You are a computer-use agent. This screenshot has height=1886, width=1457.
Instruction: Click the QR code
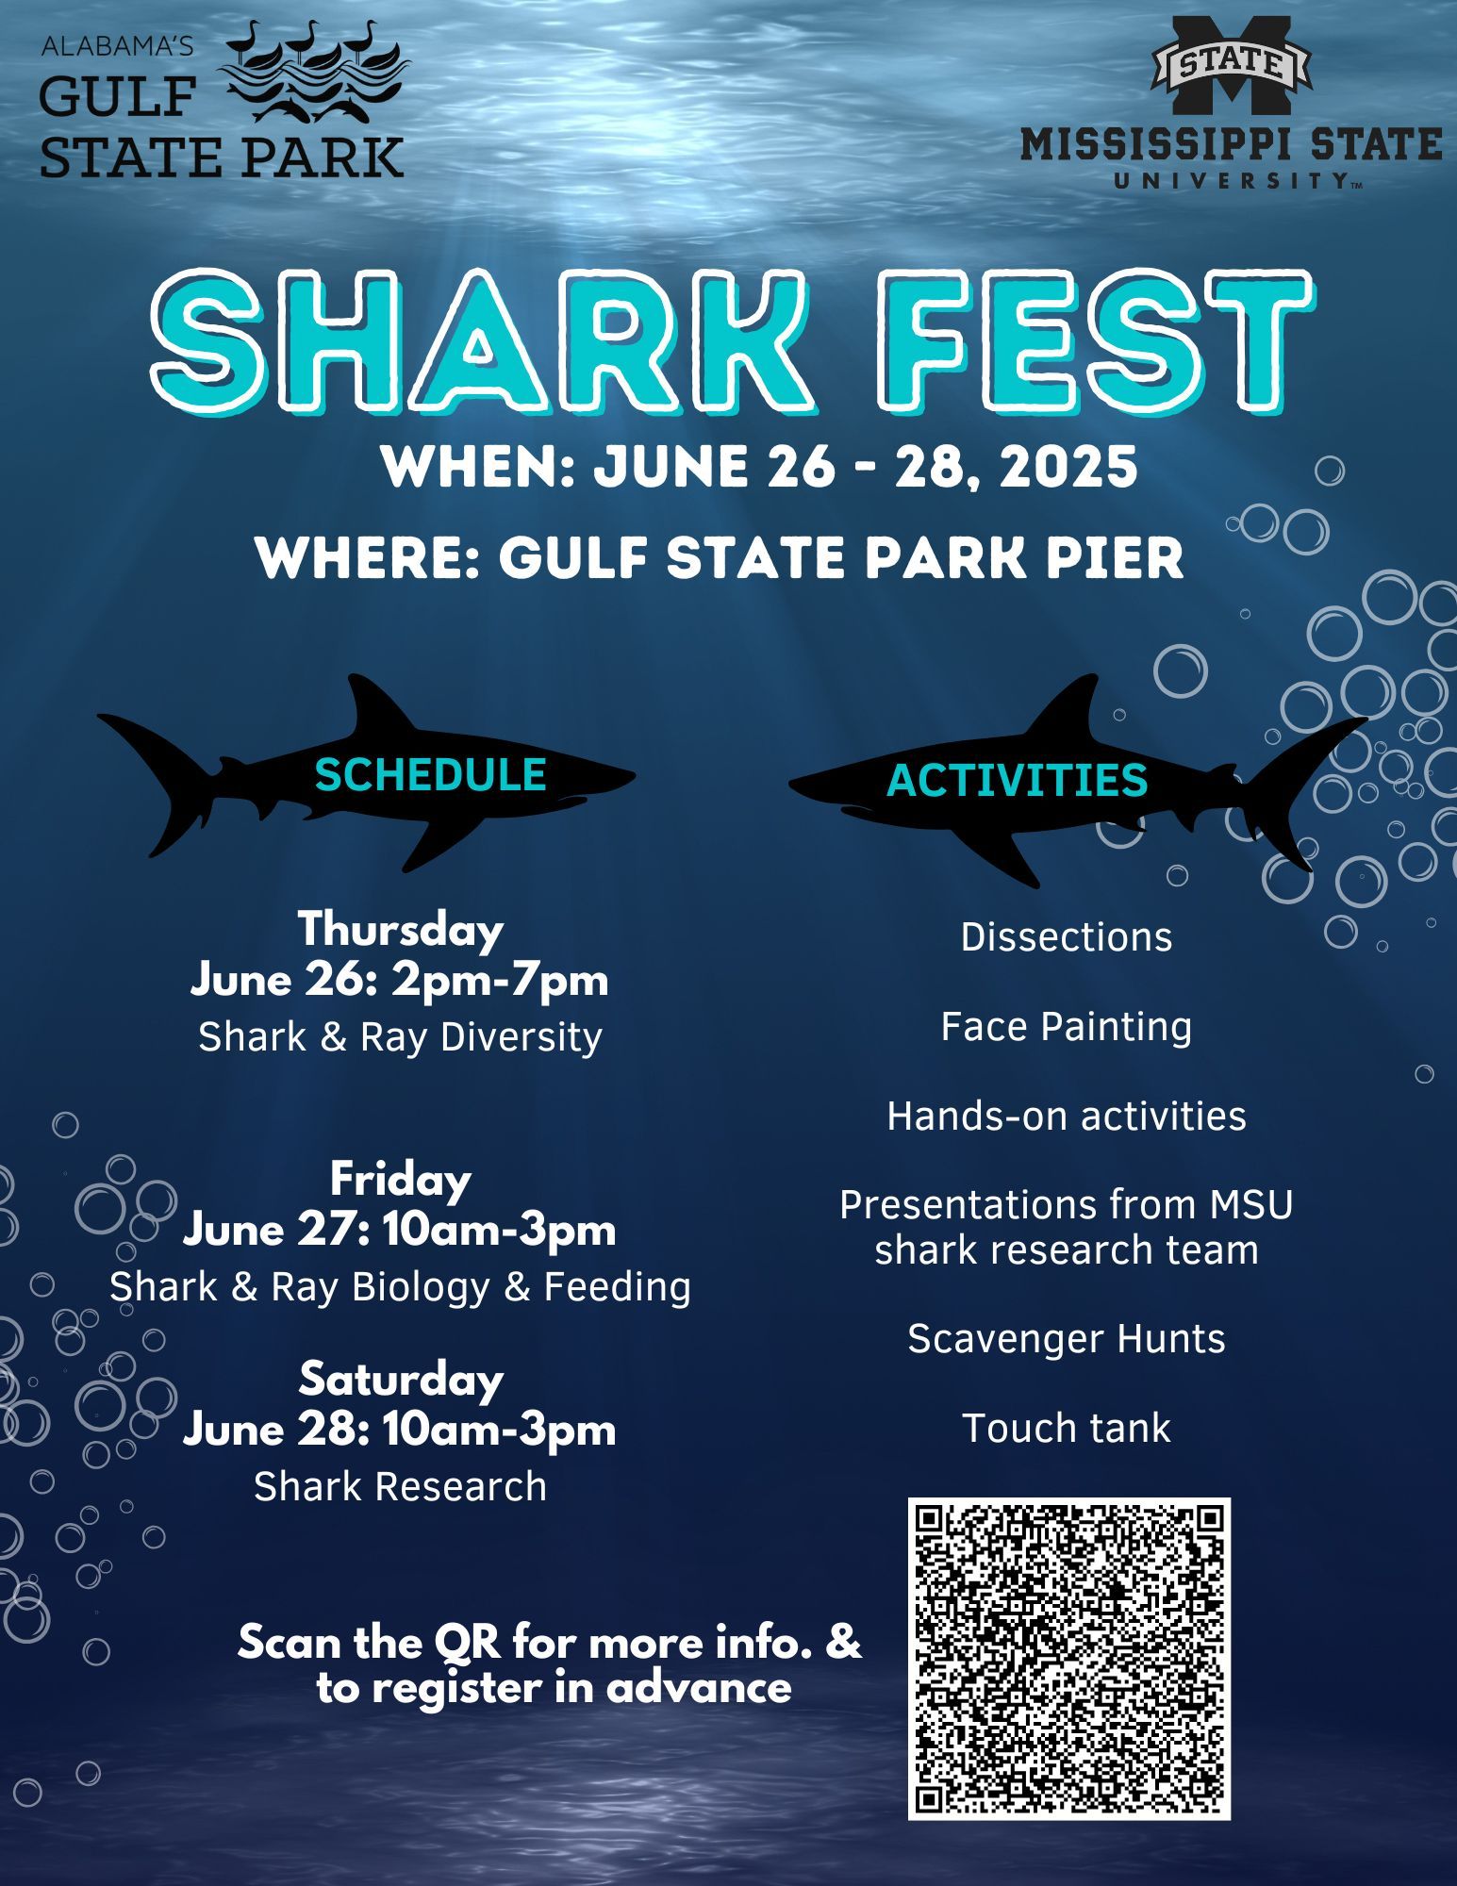(1068, 1658)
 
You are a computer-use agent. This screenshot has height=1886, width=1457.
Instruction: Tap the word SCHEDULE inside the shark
(430, 775)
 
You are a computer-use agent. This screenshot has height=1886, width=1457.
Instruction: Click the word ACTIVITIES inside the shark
(1017, 781)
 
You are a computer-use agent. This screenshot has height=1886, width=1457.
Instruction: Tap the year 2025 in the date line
(1068, 467)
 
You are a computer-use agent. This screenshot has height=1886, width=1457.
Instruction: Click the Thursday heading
(401, 930)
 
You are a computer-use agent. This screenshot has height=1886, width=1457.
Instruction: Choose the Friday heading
(401, 1180)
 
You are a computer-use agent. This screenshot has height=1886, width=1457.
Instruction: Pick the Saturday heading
(401, 1380)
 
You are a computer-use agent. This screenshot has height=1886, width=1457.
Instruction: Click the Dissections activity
(1066, 937)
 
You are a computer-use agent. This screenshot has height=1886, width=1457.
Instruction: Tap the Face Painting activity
(1066, 1027)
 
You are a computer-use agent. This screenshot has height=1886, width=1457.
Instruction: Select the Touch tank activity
(1066, 1429)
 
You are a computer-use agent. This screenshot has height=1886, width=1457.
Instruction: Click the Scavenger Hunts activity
(1066, 1339)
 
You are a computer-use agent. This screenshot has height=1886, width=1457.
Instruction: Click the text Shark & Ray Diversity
(401, 1037)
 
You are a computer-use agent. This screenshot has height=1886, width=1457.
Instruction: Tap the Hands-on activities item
(1066, 1117)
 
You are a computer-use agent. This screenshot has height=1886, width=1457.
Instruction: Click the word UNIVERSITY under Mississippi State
(1232, 180)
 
